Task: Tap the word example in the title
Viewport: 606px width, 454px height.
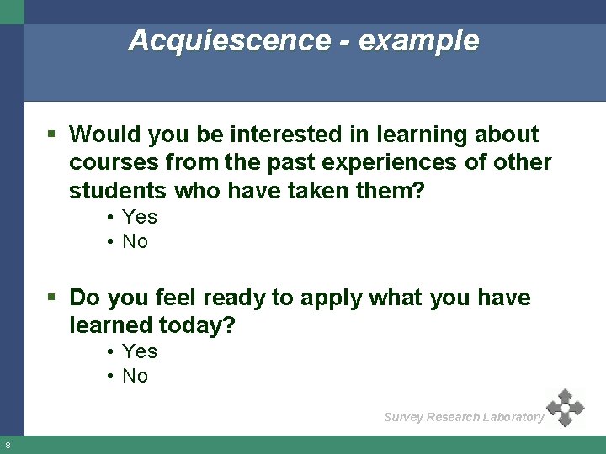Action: click(418, 40)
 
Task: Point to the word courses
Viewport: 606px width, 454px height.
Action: click(108, 162)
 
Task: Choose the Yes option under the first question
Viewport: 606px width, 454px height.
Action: click(139, 217)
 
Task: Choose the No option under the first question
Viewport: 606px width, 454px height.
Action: click(135, 241)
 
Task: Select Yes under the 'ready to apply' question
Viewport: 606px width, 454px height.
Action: click(139, 351)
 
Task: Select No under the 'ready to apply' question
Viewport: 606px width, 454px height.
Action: click(135, 376)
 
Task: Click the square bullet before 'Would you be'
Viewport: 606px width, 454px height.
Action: click(52, 135)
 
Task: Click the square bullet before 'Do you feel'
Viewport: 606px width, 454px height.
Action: click(52, 298)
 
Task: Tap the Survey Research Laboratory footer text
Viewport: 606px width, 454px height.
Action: click(464, 417)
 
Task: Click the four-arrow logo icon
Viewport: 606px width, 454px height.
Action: click(565, 408)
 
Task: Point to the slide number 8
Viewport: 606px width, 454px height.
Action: click(8, 445)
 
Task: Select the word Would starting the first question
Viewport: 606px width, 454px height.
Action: click(102, 135)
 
